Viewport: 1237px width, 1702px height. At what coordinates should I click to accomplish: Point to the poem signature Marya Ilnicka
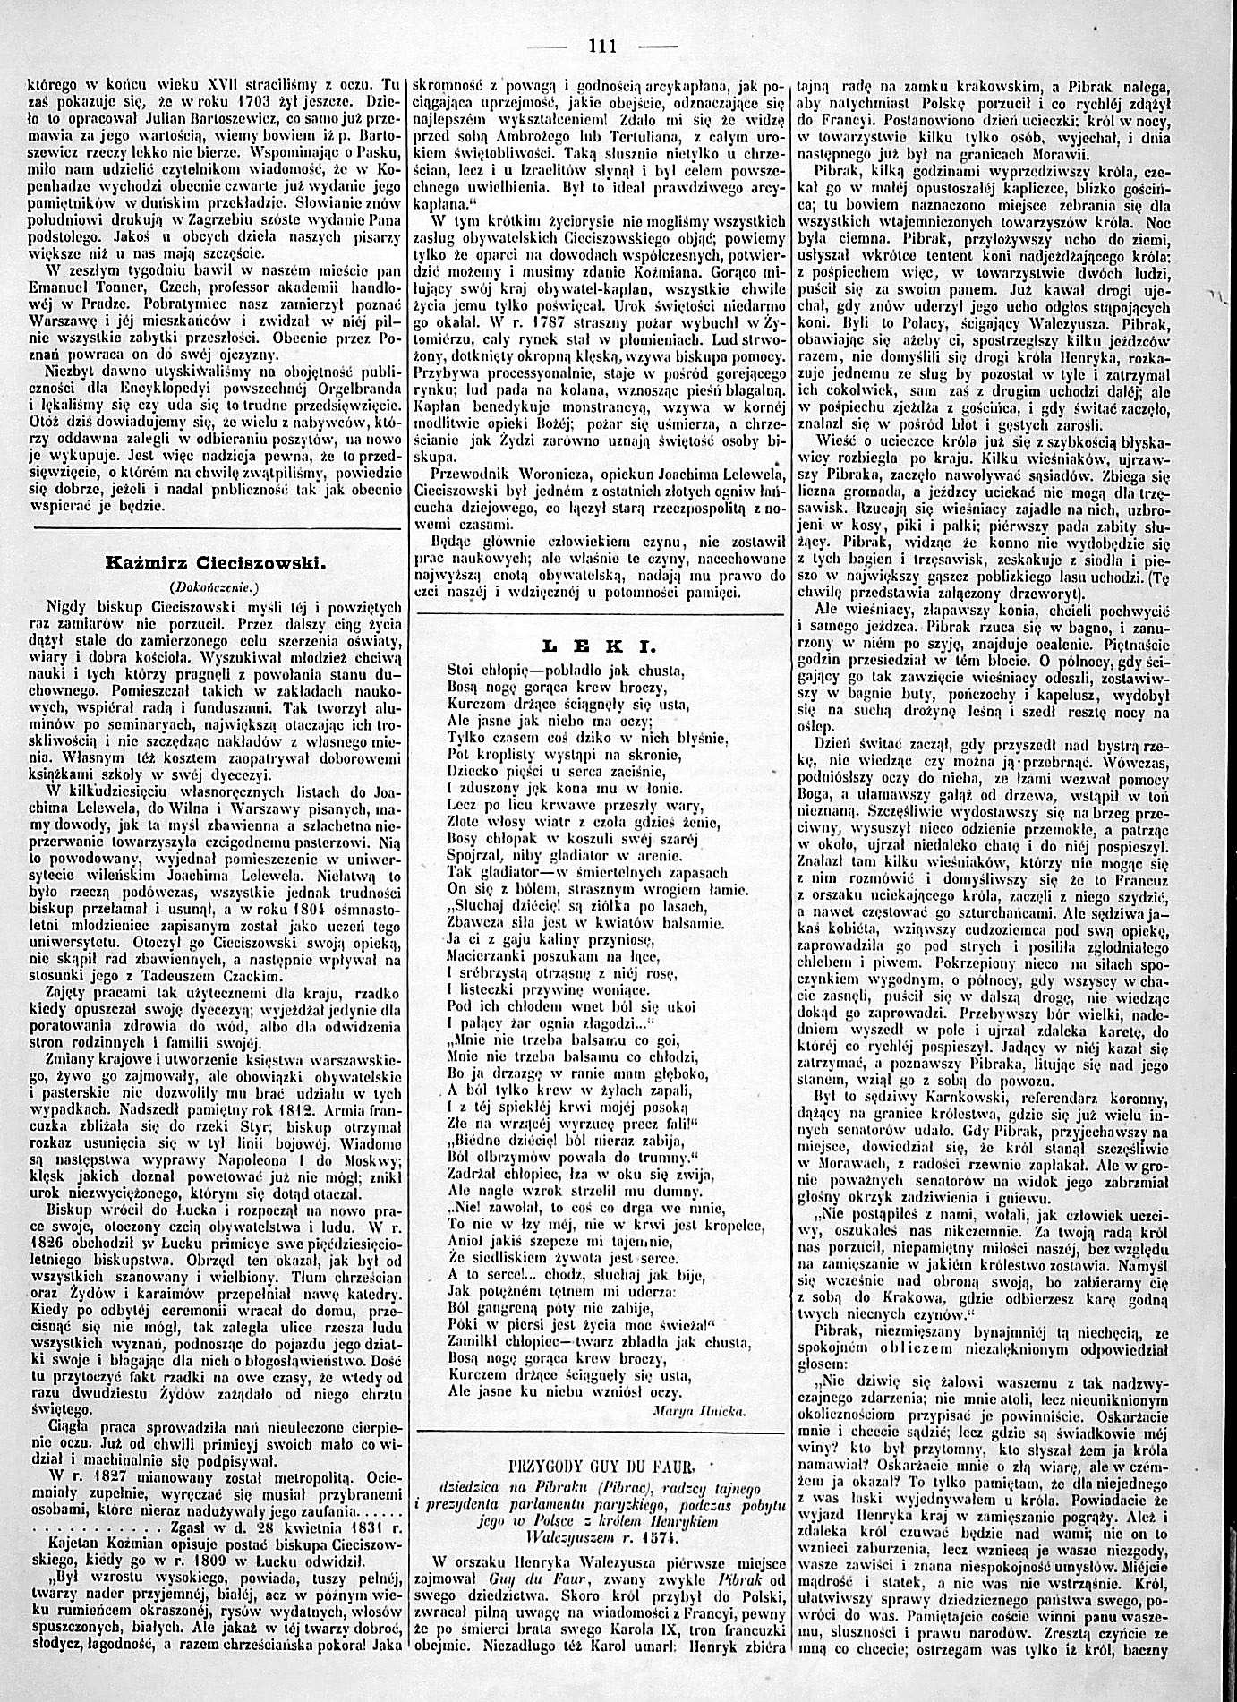(x=713, y=1408)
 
